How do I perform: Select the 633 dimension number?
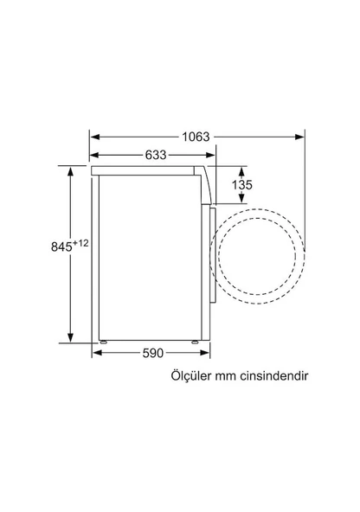tap(156, 156)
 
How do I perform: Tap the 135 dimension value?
tap(243, 184)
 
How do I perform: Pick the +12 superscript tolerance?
tap(82, 243)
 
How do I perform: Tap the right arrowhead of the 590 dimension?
tap(207, 353)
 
